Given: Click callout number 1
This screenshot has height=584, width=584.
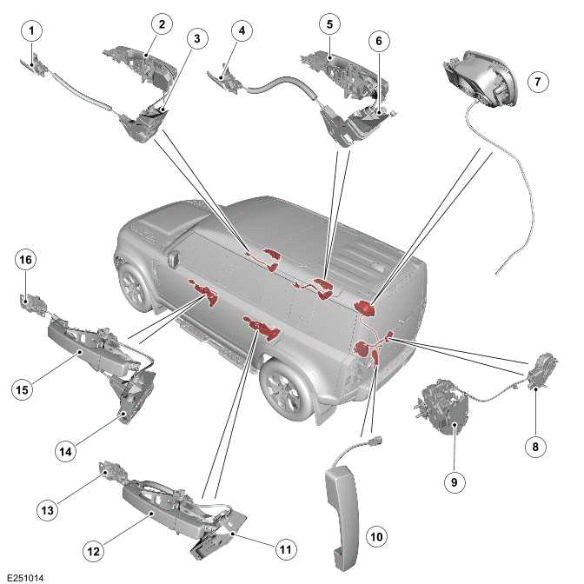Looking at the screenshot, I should click(32, 30).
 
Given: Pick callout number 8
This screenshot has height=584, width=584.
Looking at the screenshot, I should click(535, 447).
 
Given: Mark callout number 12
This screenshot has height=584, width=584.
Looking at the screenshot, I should click(92, 548).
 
